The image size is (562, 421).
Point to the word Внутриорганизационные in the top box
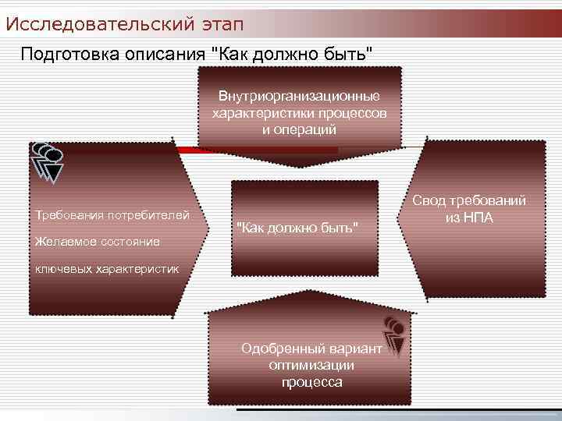pyautogui.click(x=299, y=97)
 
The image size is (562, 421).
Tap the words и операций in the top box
pyautogui.click(x=299, y=129)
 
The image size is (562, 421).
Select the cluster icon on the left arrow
pyautogui.click(x=47, y=161)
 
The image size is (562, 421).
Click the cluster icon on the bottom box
pyautogui.click(x=395, y=334)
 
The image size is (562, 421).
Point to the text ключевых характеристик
pyautogui.click(x=105, y=269)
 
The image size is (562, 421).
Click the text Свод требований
pyautogui.click(x=469, y=201)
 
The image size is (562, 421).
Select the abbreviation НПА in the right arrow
pyautogui.click(x=480, y=218)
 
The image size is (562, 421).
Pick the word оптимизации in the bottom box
pyautogui.click(x=311, y=365)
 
